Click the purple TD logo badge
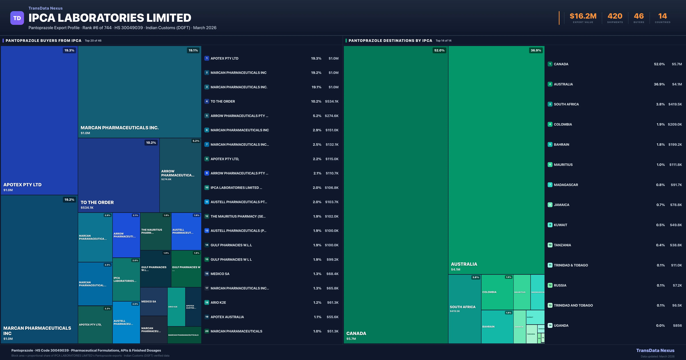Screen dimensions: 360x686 click(x=17, y=18)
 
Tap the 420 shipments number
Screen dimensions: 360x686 click(x=615, y=16)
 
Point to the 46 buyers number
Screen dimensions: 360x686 click(x=639, y=16)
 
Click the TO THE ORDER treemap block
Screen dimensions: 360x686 click(x=118, y=175)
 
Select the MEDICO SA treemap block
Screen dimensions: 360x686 click(x=154, y=301)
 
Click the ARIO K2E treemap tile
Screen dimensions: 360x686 click(x=176, y=307)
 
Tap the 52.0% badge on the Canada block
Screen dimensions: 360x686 click(x=439, y=50)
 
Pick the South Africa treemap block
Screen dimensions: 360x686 click(x=464, y=309)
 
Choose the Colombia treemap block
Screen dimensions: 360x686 click(x=497, y=292)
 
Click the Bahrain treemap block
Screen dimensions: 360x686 click(x=497, y=327)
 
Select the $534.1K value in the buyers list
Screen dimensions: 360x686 click(x=332, y=101)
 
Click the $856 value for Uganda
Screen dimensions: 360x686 click(x=677, y=325)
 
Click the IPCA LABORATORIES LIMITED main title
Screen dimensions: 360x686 click(x=110, y=18)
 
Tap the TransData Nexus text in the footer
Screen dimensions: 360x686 click(x=655, y=350)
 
